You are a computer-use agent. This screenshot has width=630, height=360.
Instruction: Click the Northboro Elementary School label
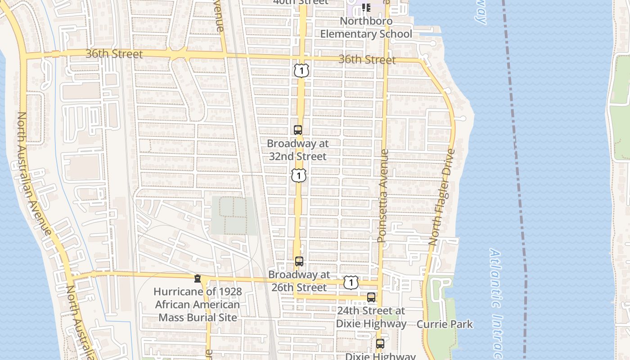(366, 27)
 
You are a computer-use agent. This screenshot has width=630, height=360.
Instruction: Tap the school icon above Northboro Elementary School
(366, 8)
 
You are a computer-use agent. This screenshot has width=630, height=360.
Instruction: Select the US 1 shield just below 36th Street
(301, 70)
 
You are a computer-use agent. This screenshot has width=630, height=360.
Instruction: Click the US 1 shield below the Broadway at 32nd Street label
(299, 175)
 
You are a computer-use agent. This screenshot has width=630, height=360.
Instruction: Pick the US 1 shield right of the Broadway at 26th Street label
(351, 283)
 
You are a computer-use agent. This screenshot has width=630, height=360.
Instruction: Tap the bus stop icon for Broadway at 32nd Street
(298, 130)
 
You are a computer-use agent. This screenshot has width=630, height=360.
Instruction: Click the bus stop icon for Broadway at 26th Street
(299, 261)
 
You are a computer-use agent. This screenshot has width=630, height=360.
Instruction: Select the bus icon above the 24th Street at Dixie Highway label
(371, 297)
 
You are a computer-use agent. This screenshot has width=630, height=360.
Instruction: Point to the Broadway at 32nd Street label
(298, 150)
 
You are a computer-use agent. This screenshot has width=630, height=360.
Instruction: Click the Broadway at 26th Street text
(299, 281)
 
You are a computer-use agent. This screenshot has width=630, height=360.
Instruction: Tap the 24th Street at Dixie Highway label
(371, 317)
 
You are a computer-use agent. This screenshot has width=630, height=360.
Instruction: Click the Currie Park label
(445, 324)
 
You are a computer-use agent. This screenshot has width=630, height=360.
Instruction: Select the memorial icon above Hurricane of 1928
(198, 279)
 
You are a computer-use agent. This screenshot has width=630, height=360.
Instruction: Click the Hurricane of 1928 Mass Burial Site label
(198, 305)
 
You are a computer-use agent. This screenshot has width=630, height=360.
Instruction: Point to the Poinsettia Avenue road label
(383, 196)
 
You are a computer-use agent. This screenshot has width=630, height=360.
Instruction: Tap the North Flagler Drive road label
(442, 197)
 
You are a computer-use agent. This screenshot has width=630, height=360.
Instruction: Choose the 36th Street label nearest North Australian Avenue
(114, 54)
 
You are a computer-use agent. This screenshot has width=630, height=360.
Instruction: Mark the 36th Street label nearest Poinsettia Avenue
(367, 59)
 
